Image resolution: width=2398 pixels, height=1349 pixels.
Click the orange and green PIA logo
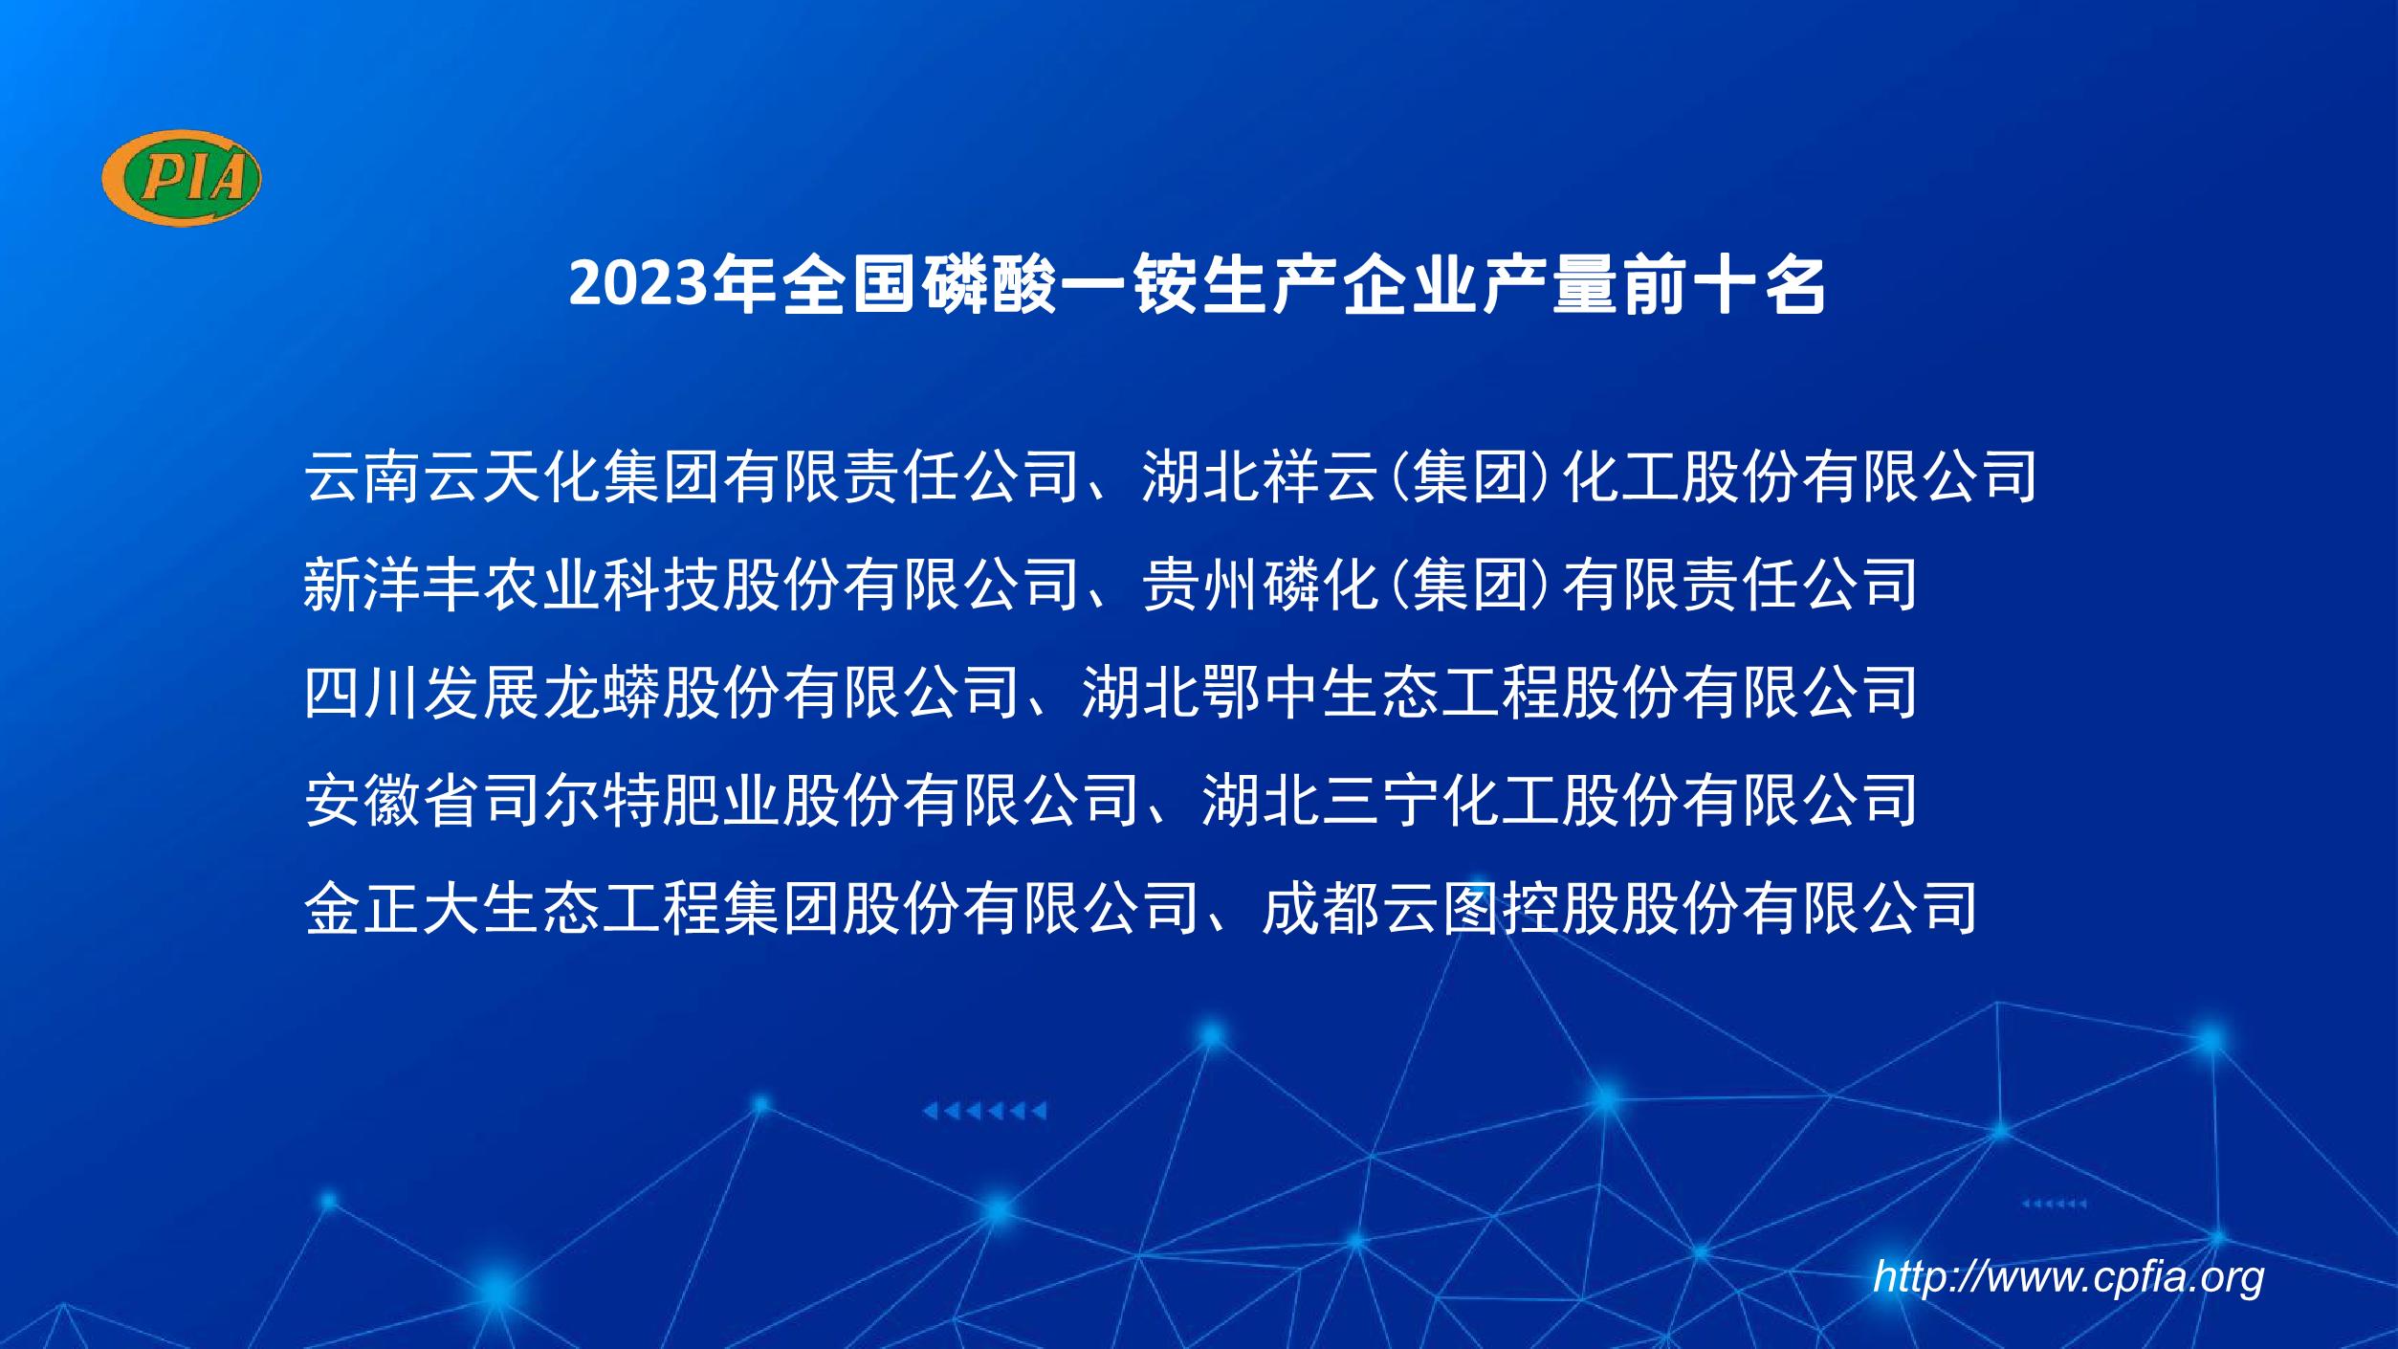(182, 178)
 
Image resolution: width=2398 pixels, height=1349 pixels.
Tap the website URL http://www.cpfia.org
(2068, 1277)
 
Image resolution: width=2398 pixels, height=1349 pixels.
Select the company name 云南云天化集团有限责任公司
(692, 476)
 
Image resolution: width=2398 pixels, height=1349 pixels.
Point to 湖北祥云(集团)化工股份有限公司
(1589, 476)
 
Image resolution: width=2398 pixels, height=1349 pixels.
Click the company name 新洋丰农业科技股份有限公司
(692, 585)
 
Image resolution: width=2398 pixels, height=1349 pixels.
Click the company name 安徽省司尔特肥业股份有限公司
(721, 800)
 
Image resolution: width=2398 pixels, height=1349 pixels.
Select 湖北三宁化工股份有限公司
(1559, 800)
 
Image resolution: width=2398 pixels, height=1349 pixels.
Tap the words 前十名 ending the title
(1725, 285)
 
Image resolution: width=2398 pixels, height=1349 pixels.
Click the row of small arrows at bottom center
(984, 1111)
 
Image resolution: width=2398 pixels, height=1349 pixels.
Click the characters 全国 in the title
(850, 285)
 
